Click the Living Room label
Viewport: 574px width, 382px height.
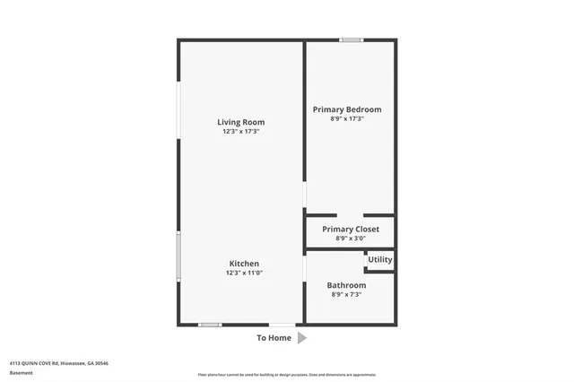pos(240,122)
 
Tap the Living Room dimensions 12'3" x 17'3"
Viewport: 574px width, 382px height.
pos(240,132)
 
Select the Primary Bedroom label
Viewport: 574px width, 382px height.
pos(347,109)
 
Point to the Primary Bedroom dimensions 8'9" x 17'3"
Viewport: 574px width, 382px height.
pos(347,118)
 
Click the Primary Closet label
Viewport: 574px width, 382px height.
pos(351,229)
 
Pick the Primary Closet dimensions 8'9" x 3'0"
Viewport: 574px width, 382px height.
pos(351,239)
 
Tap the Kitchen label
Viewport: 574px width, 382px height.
pos(243,264)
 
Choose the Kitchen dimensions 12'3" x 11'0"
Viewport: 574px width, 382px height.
pos(243,273)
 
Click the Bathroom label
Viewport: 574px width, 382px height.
pos(346,285)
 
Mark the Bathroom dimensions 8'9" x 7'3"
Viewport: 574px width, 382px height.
pos(348,294)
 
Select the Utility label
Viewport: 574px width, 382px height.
pos(380,260)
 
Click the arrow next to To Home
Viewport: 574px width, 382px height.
pos(302,338)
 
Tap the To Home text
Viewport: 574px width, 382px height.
pos(274,338)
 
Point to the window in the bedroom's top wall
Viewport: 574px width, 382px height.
pos(352,39)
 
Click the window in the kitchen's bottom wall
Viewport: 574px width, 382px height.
pos(210,324)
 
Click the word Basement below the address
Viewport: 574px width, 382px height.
pos(20,371)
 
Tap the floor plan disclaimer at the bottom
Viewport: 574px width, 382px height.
pos(287,374)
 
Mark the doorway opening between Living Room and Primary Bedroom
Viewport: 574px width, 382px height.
pos(305,195)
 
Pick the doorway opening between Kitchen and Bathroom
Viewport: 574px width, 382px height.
pos(305,266)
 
